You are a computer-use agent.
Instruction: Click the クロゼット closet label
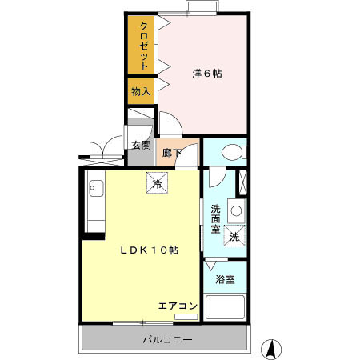(x=143, y=45)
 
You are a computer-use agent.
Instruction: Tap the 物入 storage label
(x=141, y=92)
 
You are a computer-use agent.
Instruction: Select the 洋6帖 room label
(x=206, y=74)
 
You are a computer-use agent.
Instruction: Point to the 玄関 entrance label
(x=141, y=145)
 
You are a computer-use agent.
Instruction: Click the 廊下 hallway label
(x=170, y=152)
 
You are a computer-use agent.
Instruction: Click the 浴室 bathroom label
(x=226, y=280)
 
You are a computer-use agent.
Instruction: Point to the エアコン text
(x=177, y=306)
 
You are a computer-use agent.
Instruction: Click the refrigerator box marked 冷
(x=157, y=183)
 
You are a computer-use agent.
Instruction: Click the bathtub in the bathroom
(x=226, y=308)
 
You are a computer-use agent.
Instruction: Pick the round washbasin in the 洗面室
(x=236, y=211)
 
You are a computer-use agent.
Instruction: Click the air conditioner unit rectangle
(x=184, y=317)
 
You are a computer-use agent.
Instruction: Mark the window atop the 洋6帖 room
(x=200, y=8)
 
